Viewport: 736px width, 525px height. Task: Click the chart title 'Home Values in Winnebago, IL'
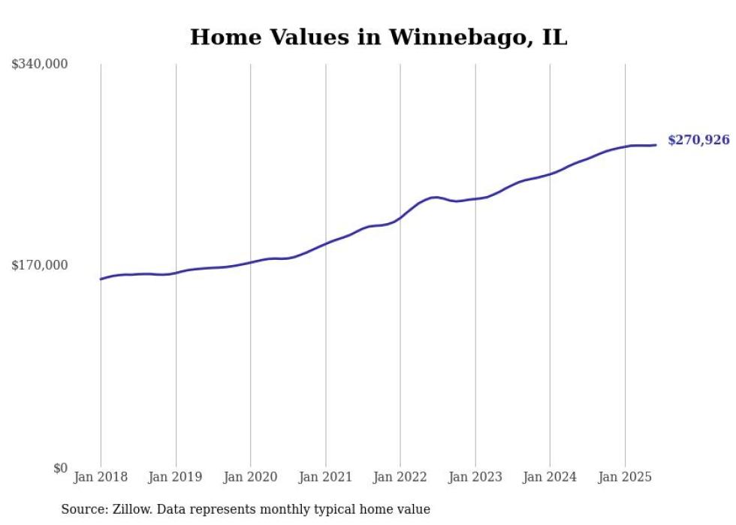(378, 37)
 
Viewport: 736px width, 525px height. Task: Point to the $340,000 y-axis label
(40, 65)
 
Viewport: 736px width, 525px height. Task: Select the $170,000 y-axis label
(40, 265)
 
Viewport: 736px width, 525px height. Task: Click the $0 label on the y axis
(60, 468)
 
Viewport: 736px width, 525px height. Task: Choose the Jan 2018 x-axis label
(101, 477)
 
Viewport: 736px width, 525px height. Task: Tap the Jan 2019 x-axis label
(176, 477)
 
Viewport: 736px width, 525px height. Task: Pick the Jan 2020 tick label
(251, 477)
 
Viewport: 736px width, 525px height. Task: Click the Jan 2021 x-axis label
(325, 477)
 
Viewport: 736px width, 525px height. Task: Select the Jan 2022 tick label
(400, 477)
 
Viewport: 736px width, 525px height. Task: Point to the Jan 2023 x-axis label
(475, 477)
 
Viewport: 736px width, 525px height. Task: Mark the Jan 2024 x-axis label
(550, 477)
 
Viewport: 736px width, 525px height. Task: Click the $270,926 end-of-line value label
(698, 140)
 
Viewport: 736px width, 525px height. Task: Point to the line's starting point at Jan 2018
(101, 279)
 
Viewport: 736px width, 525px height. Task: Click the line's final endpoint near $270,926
(656, 145)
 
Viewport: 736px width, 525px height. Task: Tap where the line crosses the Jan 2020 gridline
(251, 262)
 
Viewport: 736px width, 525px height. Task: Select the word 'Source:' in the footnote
(83, 509)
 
